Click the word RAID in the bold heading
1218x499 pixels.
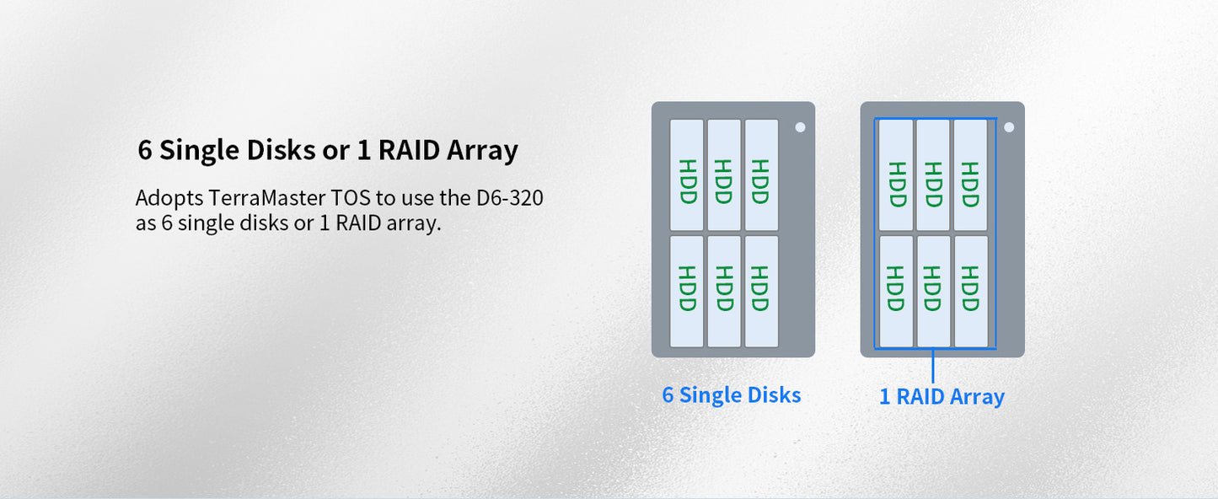pos(410,151)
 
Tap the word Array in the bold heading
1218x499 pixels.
pos(482,151)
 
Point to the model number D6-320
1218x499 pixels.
pos(508,199)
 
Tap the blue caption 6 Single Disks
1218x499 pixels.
pos(731,394)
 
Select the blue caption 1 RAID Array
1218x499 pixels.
pos(942,396)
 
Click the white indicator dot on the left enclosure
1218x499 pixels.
pos(800,127)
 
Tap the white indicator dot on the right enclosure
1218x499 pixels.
pos(1008,127)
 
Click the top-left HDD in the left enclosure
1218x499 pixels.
pos(687,174)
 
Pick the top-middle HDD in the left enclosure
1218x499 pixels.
pos(724,174)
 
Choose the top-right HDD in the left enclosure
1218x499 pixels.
pos(761,174)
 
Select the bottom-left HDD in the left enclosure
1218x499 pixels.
pos(687,291)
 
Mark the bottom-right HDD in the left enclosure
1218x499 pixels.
pos(761,291)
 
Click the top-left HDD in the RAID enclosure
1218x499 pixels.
pos(896,175)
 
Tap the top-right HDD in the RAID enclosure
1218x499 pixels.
pos(970,175)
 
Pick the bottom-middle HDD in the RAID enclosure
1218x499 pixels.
pos(933,291)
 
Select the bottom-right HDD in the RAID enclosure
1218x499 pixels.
pos(970,291)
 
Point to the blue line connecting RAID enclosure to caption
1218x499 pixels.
pos(933,366)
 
